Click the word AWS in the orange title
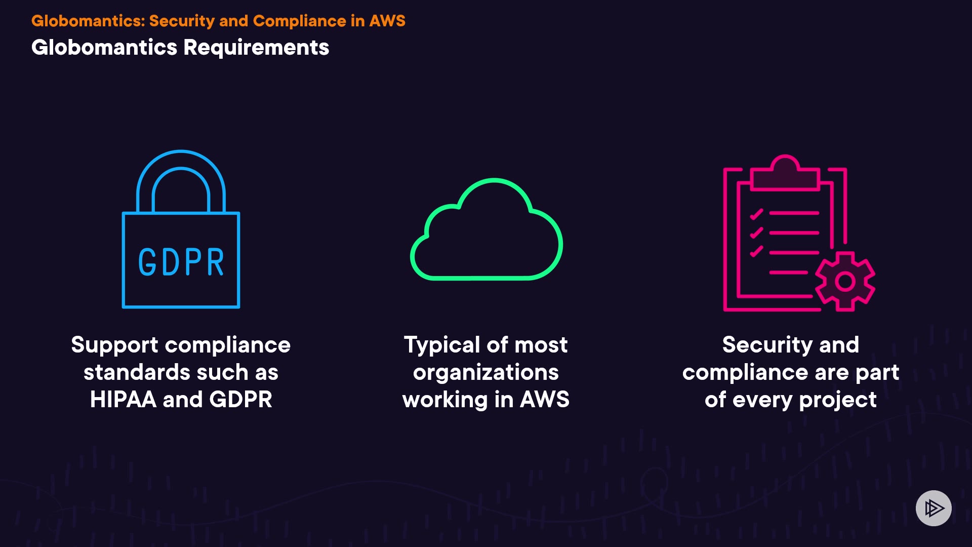(x=387, y=21)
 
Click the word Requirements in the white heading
(x=256, y=48)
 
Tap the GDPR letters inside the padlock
(x=181, y=262)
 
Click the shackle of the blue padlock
(x=181, y=162)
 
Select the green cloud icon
(x=486, y=233)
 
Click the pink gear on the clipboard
(x=845, y=281)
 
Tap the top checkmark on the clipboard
(x=756, y=214)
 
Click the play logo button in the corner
(x=934, y=508)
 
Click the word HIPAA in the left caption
(x=123, y=400)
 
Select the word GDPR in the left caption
(x=241, y=400)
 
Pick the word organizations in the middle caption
(x=486, y=373)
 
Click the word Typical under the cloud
(x=442, y=345)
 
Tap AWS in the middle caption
(x=545, y=400)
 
